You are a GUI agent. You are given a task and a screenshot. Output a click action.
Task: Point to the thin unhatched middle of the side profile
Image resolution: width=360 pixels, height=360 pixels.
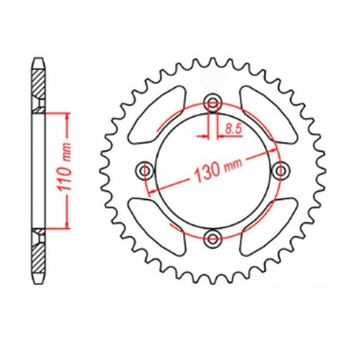tap(37, 169)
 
